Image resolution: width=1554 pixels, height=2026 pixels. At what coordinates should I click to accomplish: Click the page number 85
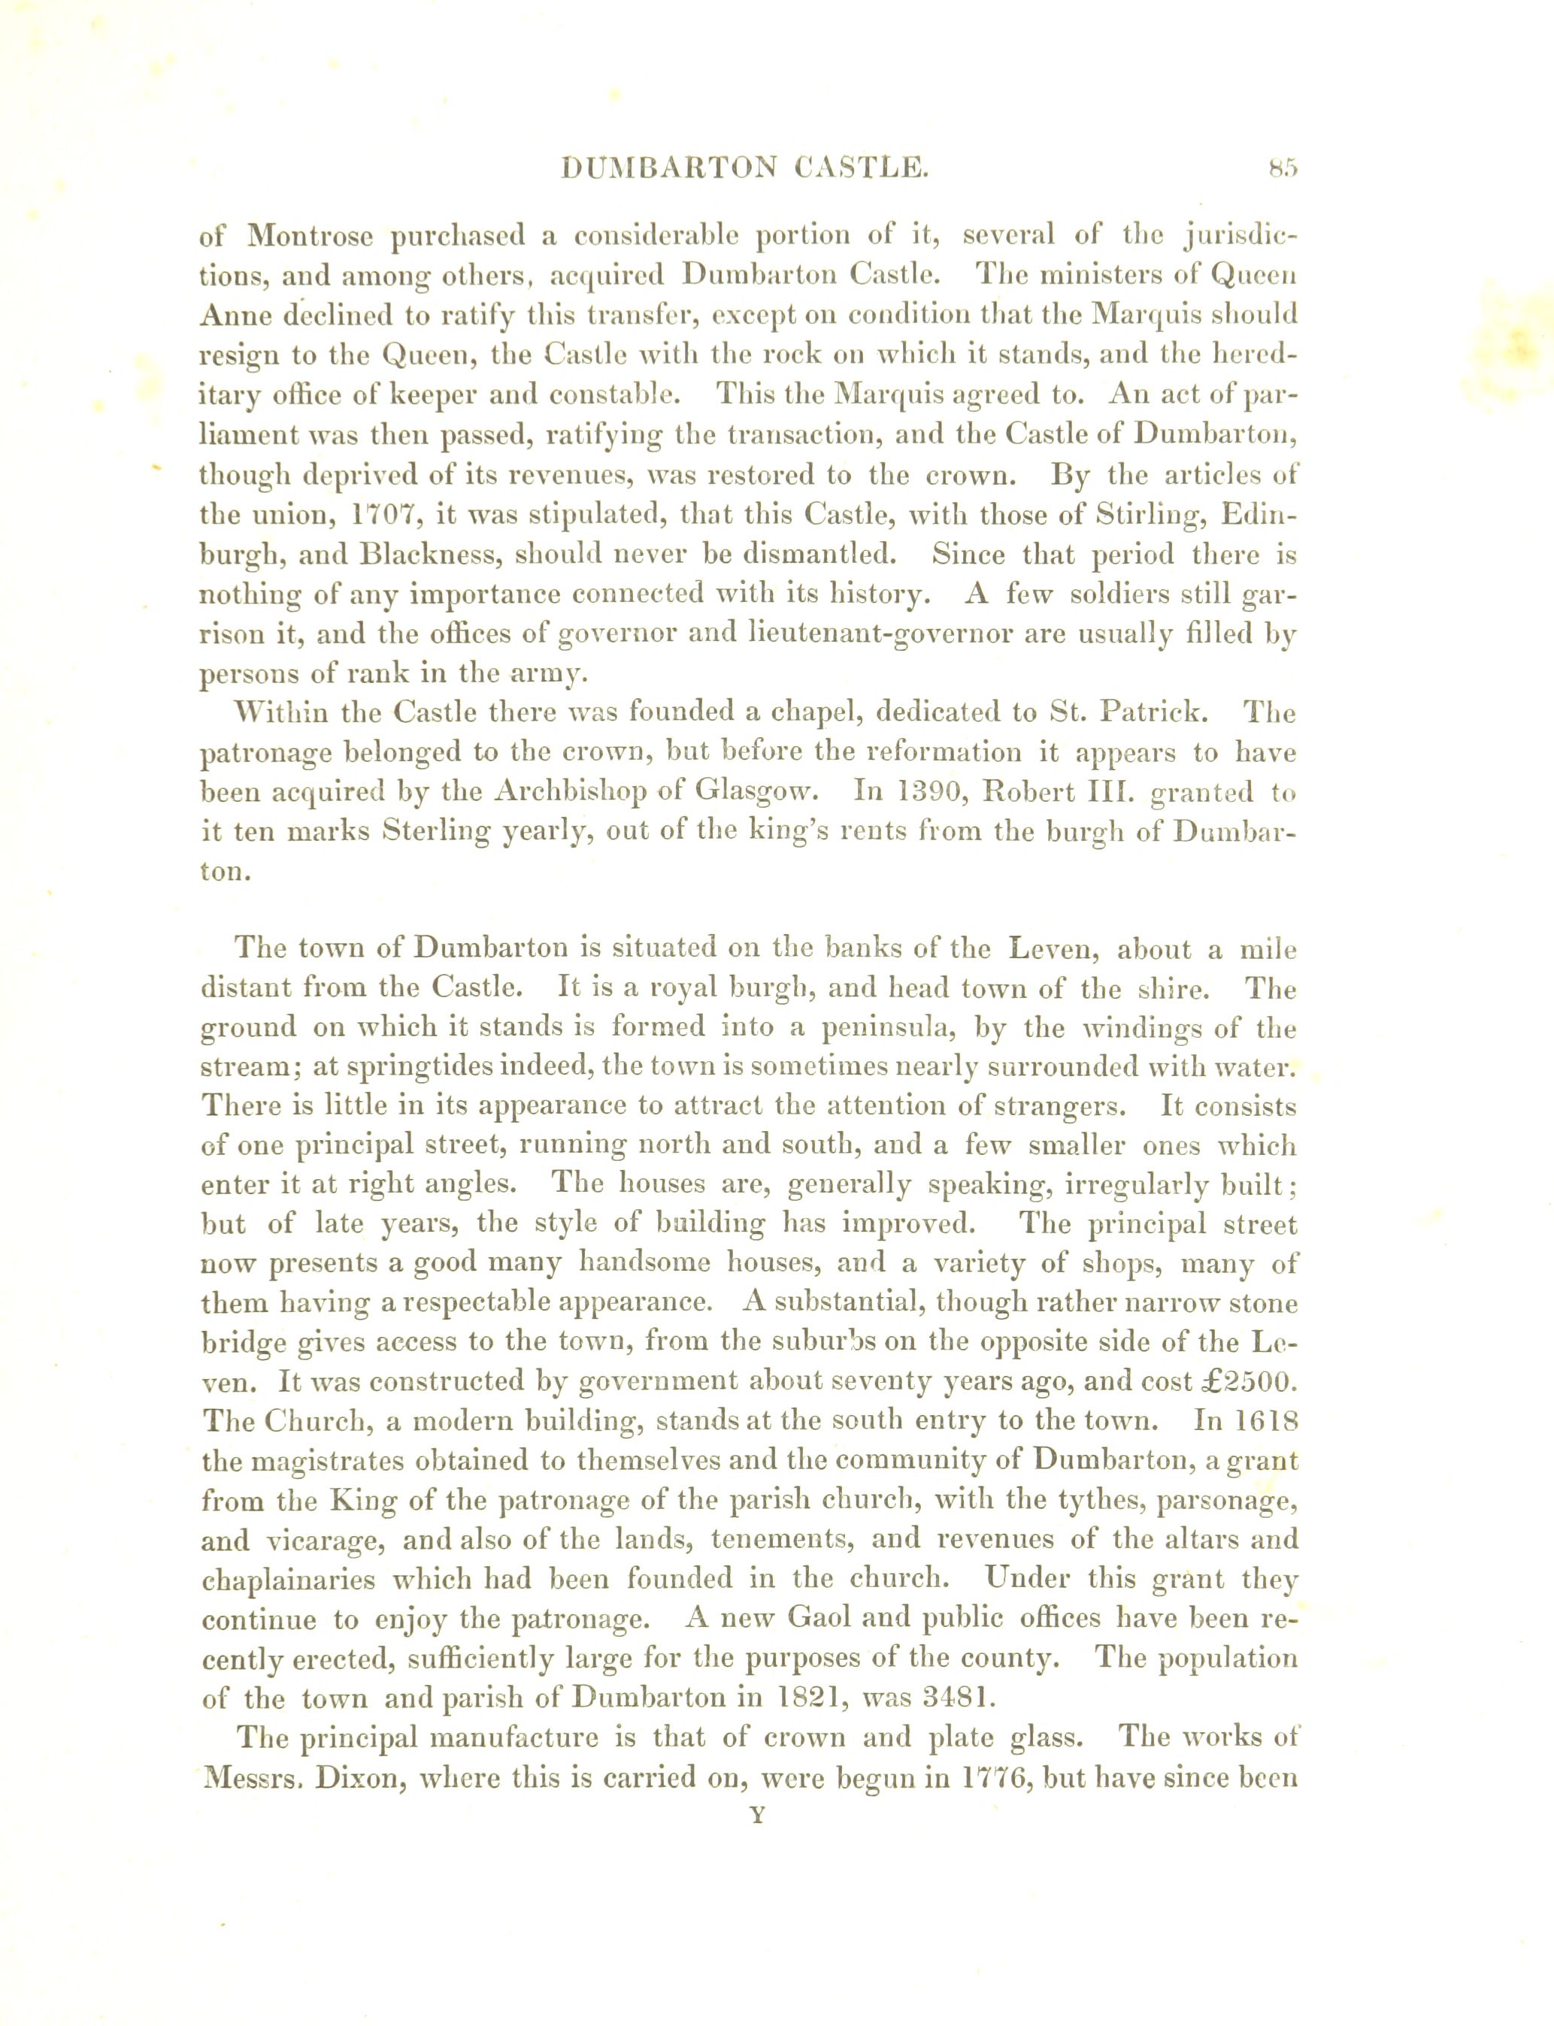click(x=1284, y=168)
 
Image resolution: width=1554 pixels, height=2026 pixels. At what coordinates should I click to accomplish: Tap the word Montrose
click(x=310, y=236)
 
